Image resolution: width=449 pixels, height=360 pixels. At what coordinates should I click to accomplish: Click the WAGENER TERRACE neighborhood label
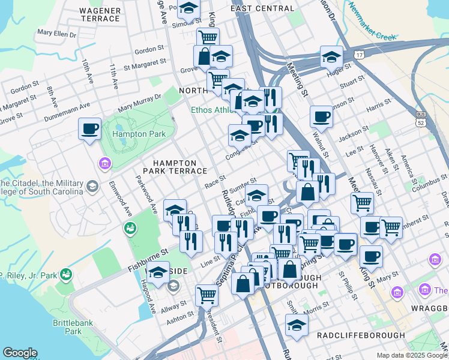click(100, 14)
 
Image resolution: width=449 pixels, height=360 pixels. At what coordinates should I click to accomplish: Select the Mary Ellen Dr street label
click(57, 34)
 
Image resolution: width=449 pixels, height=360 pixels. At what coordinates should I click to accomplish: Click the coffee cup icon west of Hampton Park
click(90, 128)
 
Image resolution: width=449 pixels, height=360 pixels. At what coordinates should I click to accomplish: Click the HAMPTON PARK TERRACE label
click(175, 167)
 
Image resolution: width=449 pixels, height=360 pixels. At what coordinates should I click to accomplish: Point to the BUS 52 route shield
click(420, 118)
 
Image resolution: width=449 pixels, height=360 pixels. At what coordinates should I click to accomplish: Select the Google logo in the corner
click(20, 353)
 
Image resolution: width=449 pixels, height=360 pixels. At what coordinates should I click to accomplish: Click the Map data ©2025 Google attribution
click(412, 355)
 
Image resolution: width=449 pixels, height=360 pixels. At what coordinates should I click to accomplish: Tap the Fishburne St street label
click(146, 254)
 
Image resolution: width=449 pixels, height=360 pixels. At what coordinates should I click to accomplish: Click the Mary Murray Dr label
click(140, 102)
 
